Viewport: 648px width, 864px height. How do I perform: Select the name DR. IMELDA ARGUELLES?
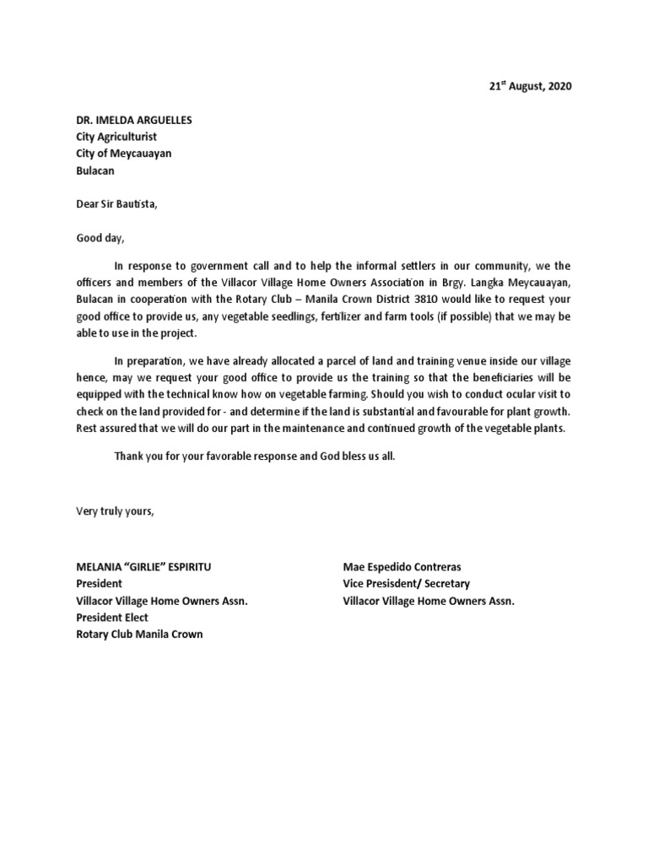[x=134, y=120]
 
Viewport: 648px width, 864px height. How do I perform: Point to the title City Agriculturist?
[x=116, y=137]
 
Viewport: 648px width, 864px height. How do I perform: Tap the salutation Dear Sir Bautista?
[x=116, y=203]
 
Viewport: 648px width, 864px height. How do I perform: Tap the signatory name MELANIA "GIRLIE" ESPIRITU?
[x=149, y=567]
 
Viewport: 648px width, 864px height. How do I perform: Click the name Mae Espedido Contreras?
[x=402, y=567]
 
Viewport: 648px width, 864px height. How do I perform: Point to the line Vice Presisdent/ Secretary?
[x=407, y=584]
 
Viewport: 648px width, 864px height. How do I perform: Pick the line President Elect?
[x=112, y=618]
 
